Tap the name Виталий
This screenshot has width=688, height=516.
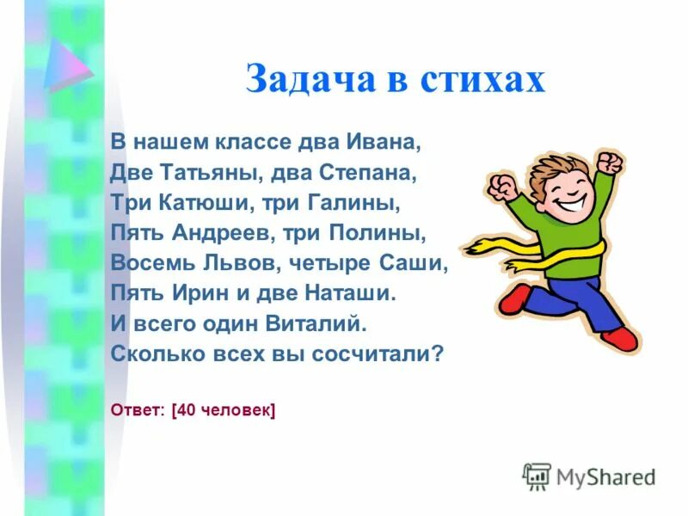click(319, 323)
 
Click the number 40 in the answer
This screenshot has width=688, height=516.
click(187, 411)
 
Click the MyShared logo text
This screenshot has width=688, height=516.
click(605, 476)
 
